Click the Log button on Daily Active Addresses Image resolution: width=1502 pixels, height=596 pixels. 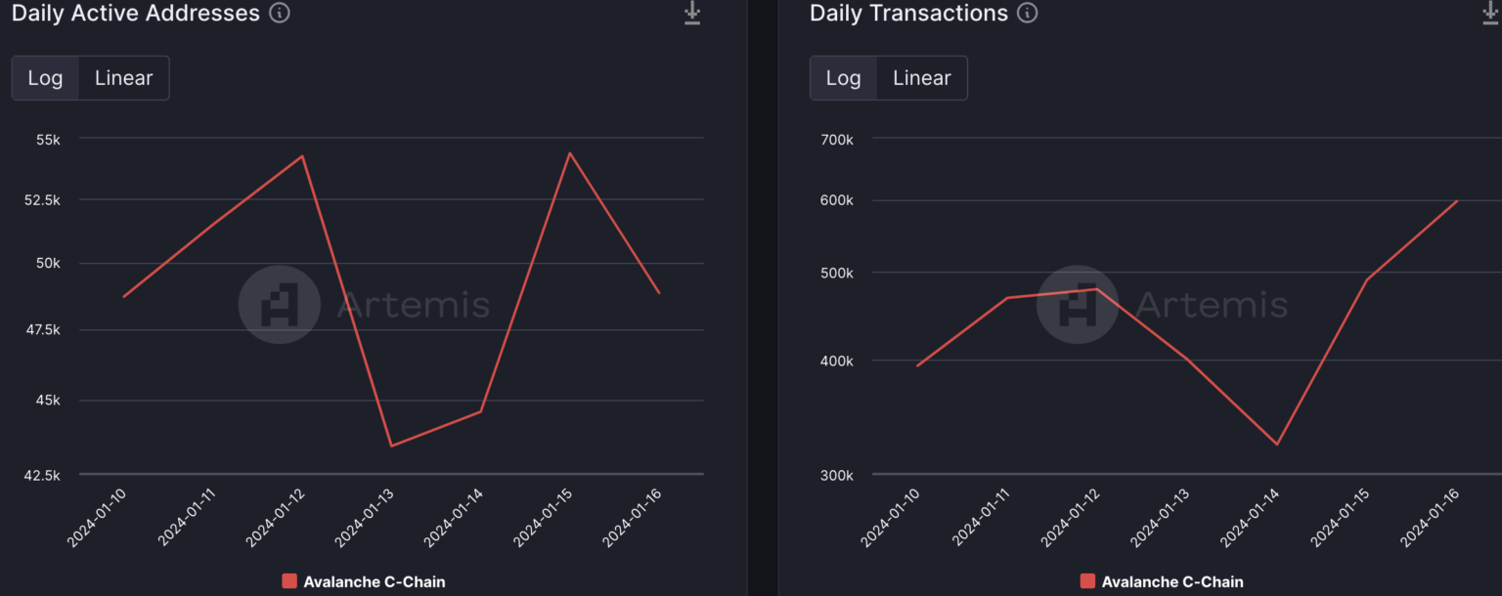[x=45, y=78]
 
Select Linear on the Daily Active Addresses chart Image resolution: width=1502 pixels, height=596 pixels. [x=123, y=78]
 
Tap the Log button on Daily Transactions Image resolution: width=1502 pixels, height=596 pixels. [x=843, y=78]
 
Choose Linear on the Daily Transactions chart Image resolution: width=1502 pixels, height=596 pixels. [x=921, y=78]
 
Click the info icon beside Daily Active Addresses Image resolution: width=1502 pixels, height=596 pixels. [x=280, y=14]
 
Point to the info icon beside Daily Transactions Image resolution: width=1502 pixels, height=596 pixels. [x=1027, y=14]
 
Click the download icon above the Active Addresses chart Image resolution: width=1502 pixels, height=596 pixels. [x=692, y=14]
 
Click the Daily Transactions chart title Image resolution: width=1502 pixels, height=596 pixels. [x=908, y=14]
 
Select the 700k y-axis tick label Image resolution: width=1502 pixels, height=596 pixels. [x=836, y=139]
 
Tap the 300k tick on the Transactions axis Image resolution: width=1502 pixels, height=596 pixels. [x=836, y=476]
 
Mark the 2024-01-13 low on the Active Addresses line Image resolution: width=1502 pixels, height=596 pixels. [x=391, y=447]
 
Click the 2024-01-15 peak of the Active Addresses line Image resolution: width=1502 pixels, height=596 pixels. [x=569, y=152]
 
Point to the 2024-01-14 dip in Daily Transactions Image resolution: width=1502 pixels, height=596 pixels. [x=1277, y=445]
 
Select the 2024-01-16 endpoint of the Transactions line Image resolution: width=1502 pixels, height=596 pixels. [x=1457, y=201]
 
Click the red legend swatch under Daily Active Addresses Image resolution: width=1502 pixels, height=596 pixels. [x=289, y=581]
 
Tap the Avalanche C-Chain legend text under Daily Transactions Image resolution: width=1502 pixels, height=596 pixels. [x=1172, y=581]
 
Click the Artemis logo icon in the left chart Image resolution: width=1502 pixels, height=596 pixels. [x=279, y=305]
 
